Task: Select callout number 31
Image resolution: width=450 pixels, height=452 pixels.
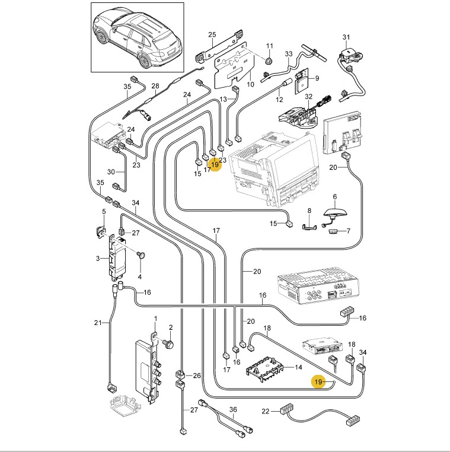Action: tap(346, 38)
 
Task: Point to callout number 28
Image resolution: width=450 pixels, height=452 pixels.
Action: tap(155, 87)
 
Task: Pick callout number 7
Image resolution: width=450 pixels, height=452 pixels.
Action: tap(347, 231)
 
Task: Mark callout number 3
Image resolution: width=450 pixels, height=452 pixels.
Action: tap(98, 259)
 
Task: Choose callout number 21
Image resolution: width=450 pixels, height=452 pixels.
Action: tap(98, 323)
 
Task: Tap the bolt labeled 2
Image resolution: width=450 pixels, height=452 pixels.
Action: tap(168, 343)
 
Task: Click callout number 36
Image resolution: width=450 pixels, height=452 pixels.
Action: tap(233, 409)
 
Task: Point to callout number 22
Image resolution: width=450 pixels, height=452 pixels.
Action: tap(266, 410)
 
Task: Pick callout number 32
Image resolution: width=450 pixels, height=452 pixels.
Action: tap(308, 96)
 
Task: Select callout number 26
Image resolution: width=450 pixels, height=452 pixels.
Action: tap(197, 375)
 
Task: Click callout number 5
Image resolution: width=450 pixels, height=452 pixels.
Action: tap(103, 212)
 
